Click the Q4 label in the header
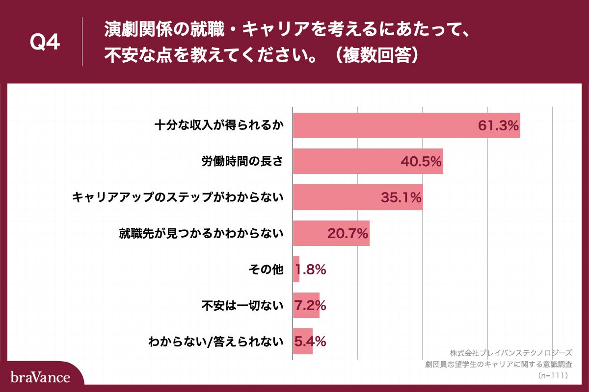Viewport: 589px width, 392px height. coord(45,43)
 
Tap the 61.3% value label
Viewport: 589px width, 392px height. coord(498,125)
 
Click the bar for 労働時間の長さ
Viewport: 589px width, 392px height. coord(344,161)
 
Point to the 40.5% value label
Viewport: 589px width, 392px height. coord(421,161)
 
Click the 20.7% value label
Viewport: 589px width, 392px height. coord(348,234)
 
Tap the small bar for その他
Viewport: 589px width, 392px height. coord(296,269)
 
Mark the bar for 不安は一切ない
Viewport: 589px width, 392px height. coord(306,305)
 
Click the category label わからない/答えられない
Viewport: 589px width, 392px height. coord(216,342)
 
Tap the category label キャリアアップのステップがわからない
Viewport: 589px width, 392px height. coord(178,197)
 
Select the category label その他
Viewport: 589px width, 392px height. coord(267,269)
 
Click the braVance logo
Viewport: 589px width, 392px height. coord(40,377)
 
